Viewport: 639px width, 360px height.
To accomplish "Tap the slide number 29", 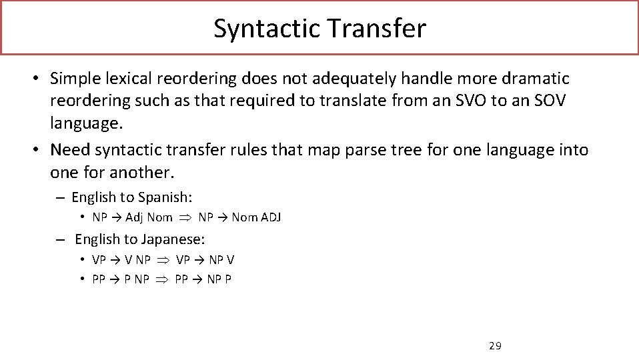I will coord(495,345).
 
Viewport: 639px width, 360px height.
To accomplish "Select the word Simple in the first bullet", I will coord(75,79).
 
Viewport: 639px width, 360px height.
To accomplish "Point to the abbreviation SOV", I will coord(556,101).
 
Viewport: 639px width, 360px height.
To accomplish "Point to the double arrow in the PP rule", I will coord(161,279).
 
